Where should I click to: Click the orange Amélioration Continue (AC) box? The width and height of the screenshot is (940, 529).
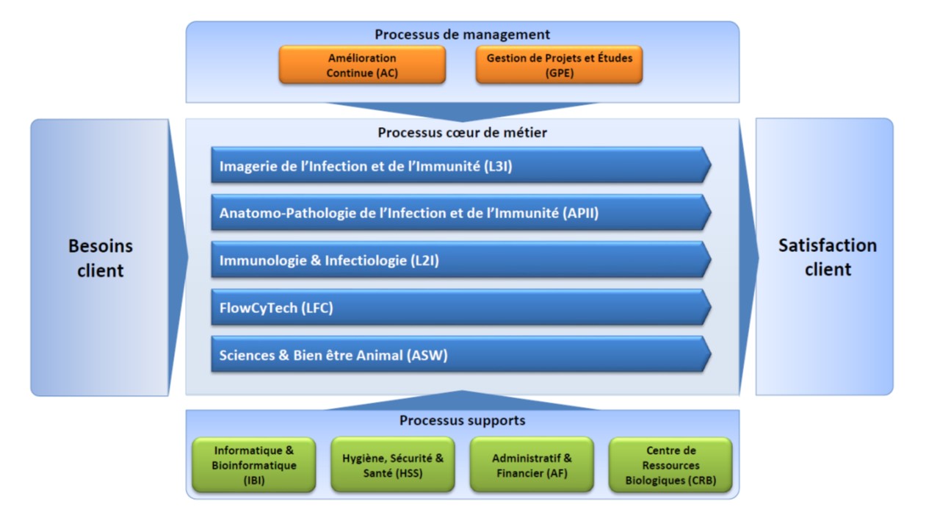[x=361, y=65]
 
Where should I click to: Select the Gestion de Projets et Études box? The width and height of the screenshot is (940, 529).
[x=559, y=65]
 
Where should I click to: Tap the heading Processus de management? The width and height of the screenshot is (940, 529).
[x=462, y=35]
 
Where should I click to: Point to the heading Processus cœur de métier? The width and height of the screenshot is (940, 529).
[x=462, y=133]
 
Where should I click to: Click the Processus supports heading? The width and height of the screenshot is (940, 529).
[x=462, y=421]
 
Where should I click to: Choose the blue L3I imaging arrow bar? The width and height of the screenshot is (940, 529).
[x=460, y=165]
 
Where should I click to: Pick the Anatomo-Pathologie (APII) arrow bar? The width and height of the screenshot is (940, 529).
[x=460, y=213]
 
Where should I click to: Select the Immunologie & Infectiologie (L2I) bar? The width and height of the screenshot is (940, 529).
[x=460, y=260]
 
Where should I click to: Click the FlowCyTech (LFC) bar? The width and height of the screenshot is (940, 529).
[x=460, y=308]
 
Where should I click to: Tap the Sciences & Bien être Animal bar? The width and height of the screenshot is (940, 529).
[x=460, y=355]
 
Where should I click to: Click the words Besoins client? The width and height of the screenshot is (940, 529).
[x=101, y=258]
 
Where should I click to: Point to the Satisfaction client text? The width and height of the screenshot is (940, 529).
[x=828, y=257]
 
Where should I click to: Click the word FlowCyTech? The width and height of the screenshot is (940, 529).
[x=258, y=309]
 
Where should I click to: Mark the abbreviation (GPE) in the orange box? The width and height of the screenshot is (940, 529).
[x=559, y=73]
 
